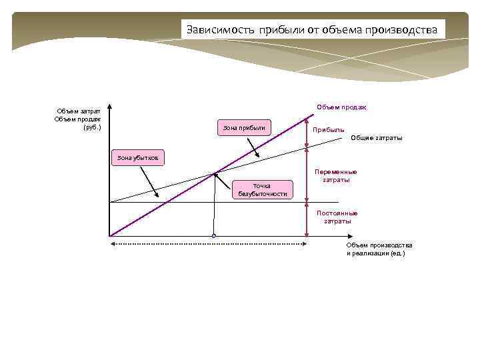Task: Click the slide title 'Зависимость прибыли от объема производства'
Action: [313, 29]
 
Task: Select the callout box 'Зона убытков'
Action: [137, 158]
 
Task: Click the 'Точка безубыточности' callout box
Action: [262, 189]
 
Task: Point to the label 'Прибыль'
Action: [329, 129]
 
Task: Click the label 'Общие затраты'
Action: [376, 138]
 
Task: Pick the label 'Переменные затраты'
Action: [336, 176]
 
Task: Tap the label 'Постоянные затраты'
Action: [337, 217]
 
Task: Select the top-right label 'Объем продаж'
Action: [345, 107]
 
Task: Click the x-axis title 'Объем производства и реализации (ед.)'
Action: [379, 249]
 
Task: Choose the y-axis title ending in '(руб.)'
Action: [79, 119]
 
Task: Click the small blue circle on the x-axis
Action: [214, 235]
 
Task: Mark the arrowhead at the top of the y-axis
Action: [109, 107]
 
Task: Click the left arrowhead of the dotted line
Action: [111, 245]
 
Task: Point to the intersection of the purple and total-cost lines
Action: [214, 175]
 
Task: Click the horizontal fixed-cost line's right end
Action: [339, 202]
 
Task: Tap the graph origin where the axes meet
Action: [109, 235]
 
